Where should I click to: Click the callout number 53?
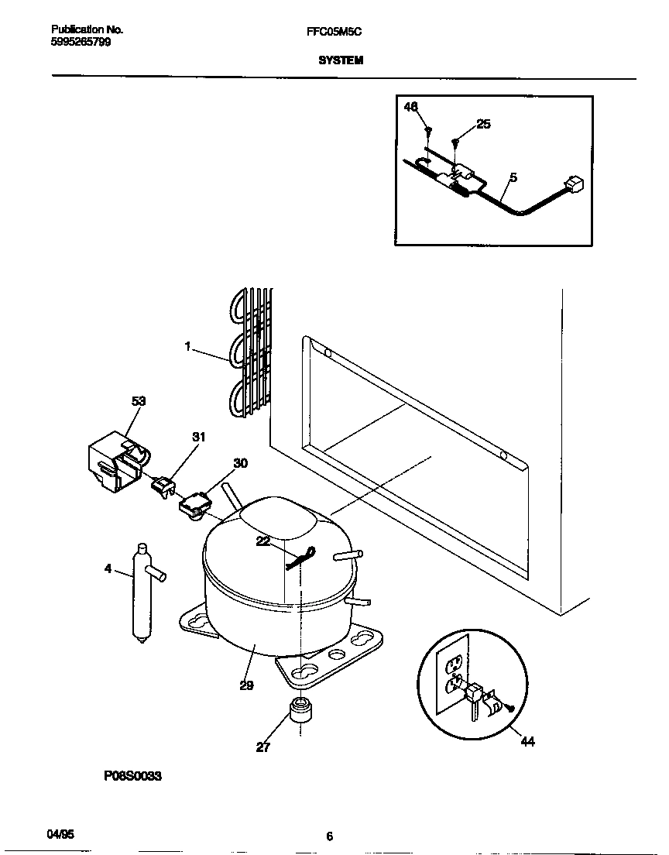(x=139, y=401)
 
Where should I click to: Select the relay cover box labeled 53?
(x=114, y=465)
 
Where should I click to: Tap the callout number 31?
(x=199, y=438)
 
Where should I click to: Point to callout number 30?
(x=241, y=463)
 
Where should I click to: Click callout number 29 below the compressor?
(x=246, y=685)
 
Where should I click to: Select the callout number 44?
(x=527, y=742)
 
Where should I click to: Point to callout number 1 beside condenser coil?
(x=187, y=347)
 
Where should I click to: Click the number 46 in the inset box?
(x=411, y=107)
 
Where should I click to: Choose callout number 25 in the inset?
(x=483, y=124)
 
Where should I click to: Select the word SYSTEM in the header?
(x=341, y=60)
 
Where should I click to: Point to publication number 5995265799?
(x=81, y=42)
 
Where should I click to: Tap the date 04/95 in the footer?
(x=61, y=834)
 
